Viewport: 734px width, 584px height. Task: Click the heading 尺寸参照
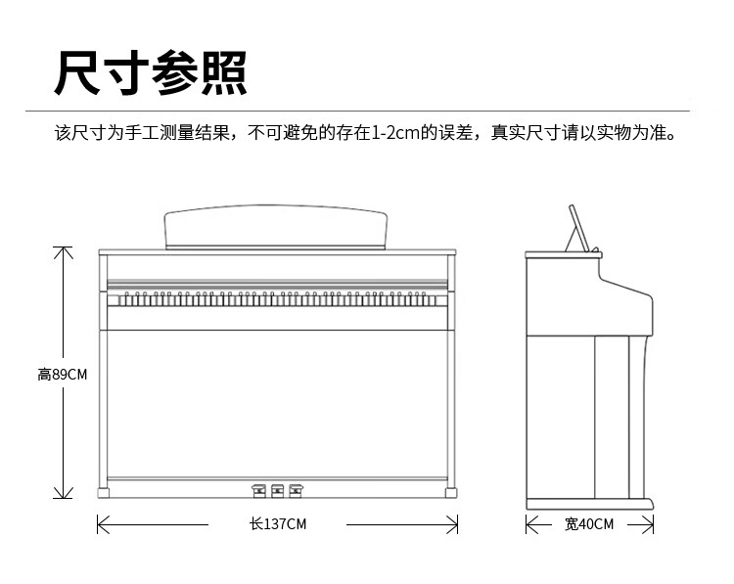151,73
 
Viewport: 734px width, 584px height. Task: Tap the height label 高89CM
63,375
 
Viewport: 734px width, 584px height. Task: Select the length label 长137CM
278,524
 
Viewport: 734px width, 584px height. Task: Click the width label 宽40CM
589,524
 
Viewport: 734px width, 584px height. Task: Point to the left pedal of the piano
259,491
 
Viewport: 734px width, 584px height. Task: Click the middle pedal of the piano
278,491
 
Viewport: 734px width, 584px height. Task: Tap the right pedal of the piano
296,491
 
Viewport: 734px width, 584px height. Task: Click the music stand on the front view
276,227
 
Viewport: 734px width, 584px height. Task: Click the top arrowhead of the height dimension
64,251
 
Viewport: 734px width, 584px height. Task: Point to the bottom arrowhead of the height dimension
64,493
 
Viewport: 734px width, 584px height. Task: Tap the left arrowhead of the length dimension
102,524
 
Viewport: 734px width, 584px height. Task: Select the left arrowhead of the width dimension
531,524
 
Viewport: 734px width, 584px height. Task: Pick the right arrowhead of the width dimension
648,524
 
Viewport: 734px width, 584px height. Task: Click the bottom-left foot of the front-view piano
104,493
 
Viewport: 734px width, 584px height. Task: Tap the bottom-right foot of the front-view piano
451,493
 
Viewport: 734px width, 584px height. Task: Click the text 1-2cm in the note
395,133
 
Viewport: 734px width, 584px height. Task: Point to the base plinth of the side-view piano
590,504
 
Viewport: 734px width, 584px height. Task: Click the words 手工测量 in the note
160,133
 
